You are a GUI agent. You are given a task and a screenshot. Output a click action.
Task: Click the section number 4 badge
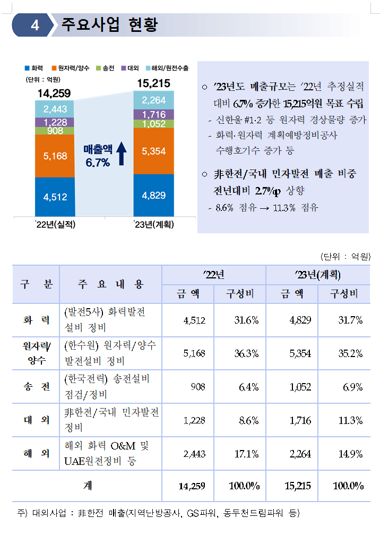(x=35, y=26)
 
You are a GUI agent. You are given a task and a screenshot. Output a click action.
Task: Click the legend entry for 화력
(x=34, y=67)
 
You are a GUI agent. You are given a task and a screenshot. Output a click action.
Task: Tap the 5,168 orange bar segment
(x=55, y=156)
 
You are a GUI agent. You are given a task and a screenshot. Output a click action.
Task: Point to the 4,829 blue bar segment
(x=154, y=195)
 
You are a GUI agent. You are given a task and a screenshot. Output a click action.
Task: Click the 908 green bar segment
(x=55, y=131)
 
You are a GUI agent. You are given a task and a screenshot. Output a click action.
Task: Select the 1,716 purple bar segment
(x=154, y=114)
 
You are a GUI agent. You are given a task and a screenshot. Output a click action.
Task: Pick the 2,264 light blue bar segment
(x=154, y=100)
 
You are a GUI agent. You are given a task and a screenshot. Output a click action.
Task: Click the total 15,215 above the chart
(x=153, y=83)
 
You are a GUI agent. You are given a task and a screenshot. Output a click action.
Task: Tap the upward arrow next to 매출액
(x=121, y=154)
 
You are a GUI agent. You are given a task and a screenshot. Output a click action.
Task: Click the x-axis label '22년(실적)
(x=56, y=225)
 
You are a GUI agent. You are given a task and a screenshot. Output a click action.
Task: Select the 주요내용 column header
(x=110, y=284)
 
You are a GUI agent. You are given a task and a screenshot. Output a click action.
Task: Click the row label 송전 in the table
(x=36, y=387)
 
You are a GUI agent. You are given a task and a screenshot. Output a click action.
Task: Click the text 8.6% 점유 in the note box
(x=232, y=208)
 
